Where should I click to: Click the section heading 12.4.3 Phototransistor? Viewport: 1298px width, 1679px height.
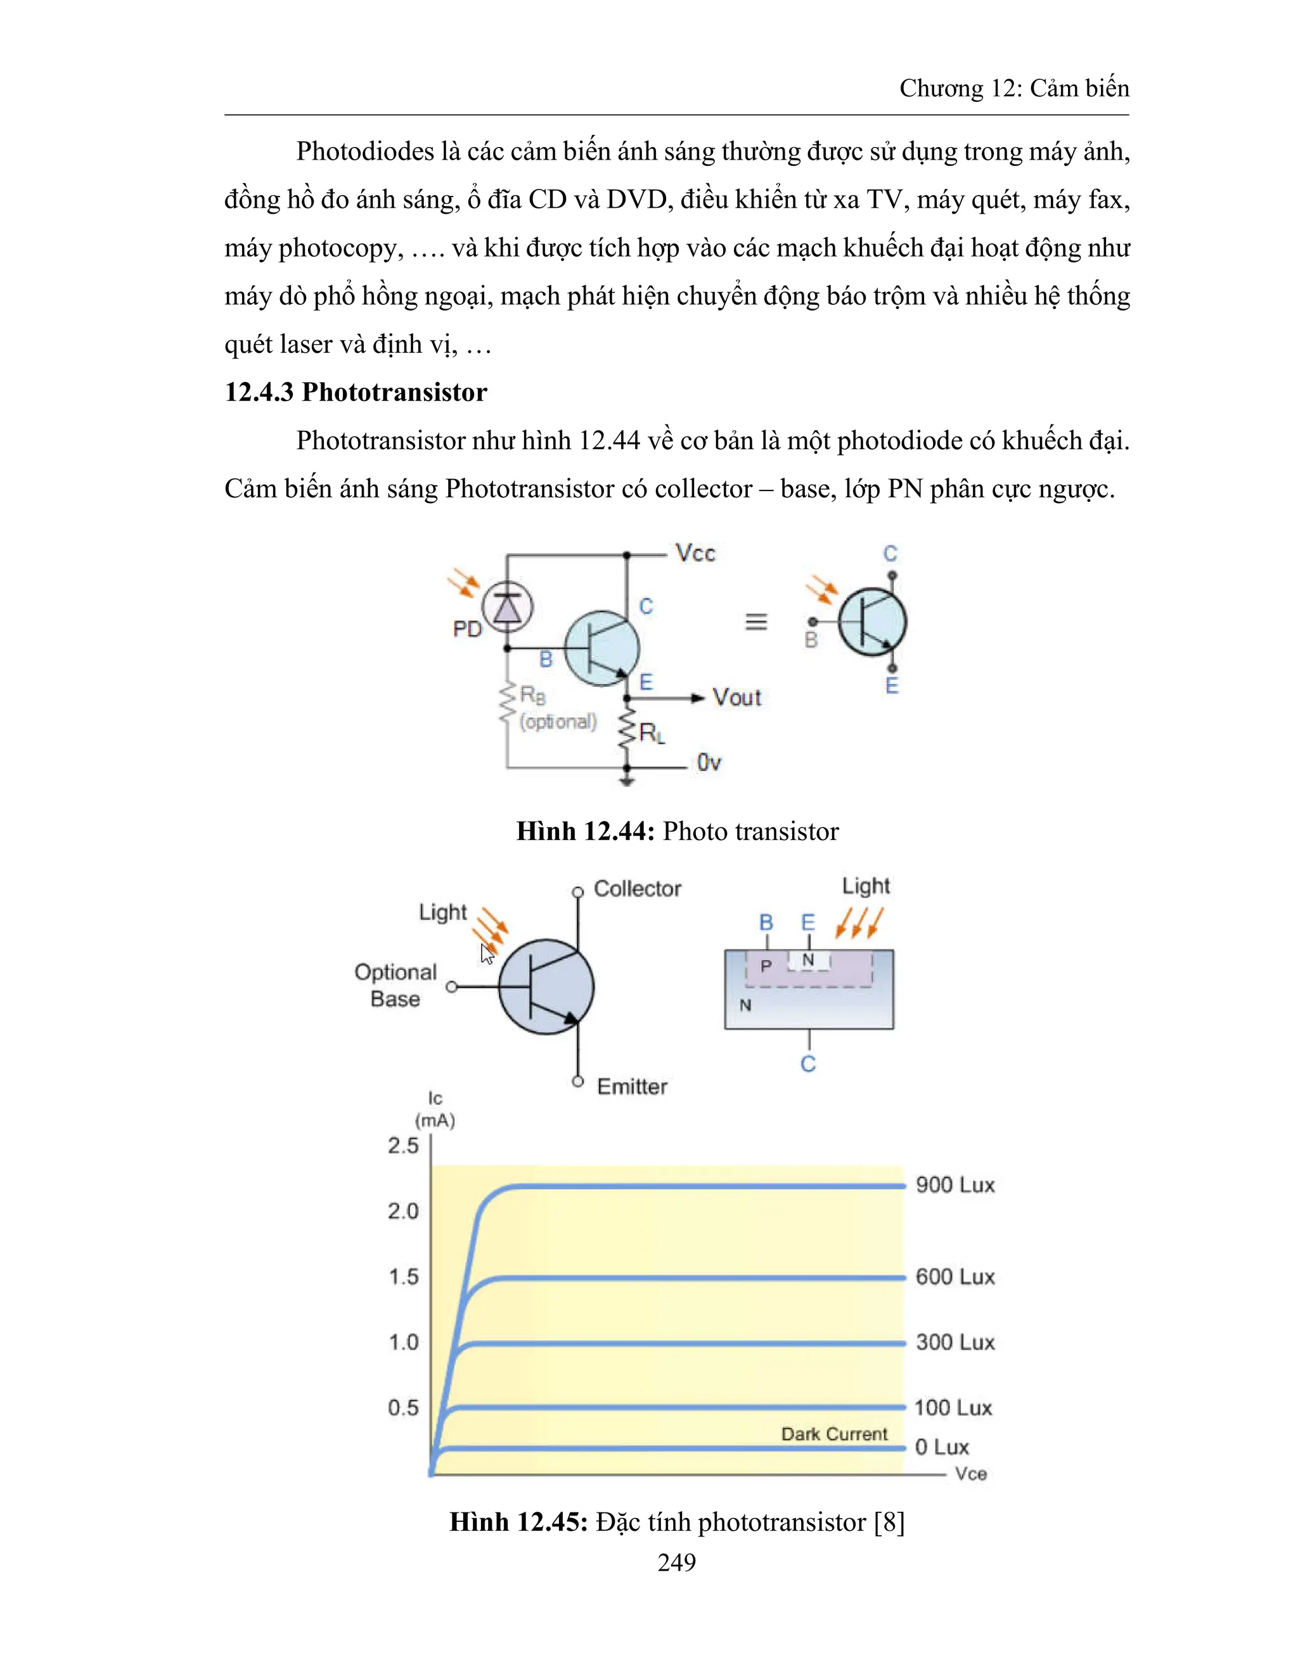pos(356,392)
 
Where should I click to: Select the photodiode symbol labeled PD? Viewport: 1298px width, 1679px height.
pos(507,608)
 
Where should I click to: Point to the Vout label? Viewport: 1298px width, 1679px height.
pos(736,698)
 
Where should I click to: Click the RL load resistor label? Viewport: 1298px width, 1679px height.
pos(652,734)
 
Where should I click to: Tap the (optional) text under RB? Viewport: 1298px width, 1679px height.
pos(558,722)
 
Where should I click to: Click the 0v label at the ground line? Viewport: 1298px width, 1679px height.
pos(708,763)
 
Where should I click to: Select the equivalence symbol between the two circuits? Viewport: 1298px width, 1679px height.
pos(756,622)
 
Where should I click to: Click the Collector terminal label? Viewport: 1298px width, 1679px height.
pos(637,889)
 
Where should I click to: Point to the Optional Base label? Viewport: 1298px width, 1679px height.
pos(395,986)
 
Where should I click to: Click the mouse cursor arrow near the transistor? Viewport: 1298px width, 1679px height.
pos(487,954)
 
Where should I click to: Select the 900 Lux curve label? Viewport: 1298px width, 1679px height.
pos(954,1185)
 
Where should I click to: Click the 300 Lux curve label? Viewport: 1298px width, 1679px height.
pos(954,1343)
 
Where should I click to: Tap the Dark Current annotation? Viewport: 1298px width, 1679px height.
pos(833,1434)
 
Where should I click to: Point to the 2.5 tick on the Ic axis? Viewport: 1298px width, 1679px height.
pos(403,1146)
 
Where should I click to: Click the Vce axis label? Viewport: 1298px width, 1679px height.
pos(970,1474)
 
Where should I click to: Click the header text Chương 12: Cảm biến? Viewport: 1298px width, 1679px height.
pos(1013,89)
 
